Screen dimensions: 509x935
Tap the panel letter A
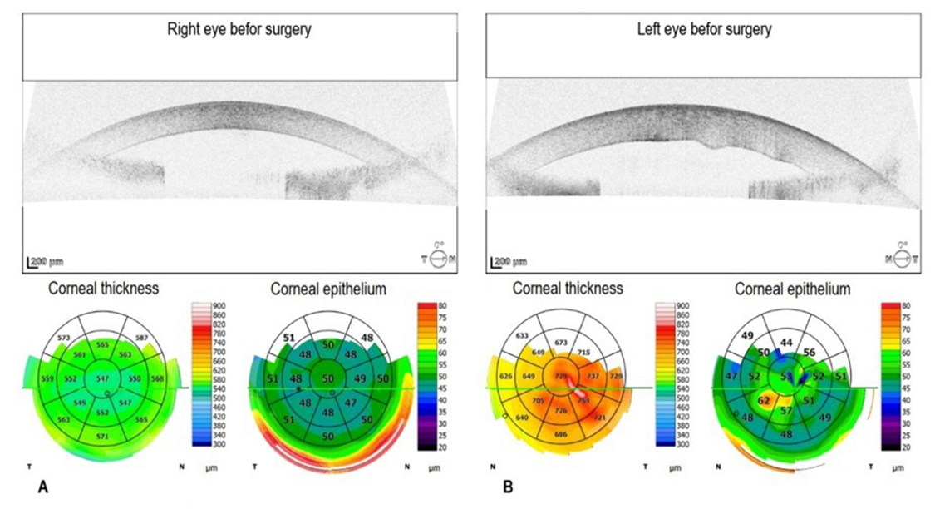pyautogui.click(x=42, y=487)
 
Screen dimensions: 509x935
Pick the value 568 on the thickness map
pyautogui.click(x=158, y=379)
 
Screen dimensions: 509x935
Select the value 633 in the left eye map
pyautogui.click(x=523, y=336)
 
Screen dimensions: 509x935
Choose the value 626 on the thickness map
pyautogui.click(x=505, y=377)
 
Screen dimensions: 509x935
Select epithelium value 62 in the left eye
pyautogui.click(x=763, y=400)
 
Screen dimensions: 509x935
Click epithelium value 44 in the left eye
pyautogui.click(x=786, y=341)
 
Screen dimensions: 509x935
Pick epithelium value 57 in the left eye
pyautogui.click(x=786, y=411)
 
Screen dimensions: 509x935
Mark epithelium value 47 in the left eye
pyautogui.click(x=731, y=376)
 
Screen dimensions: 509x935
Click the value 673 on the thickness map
pyautogui.click(x=561, y=343)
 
